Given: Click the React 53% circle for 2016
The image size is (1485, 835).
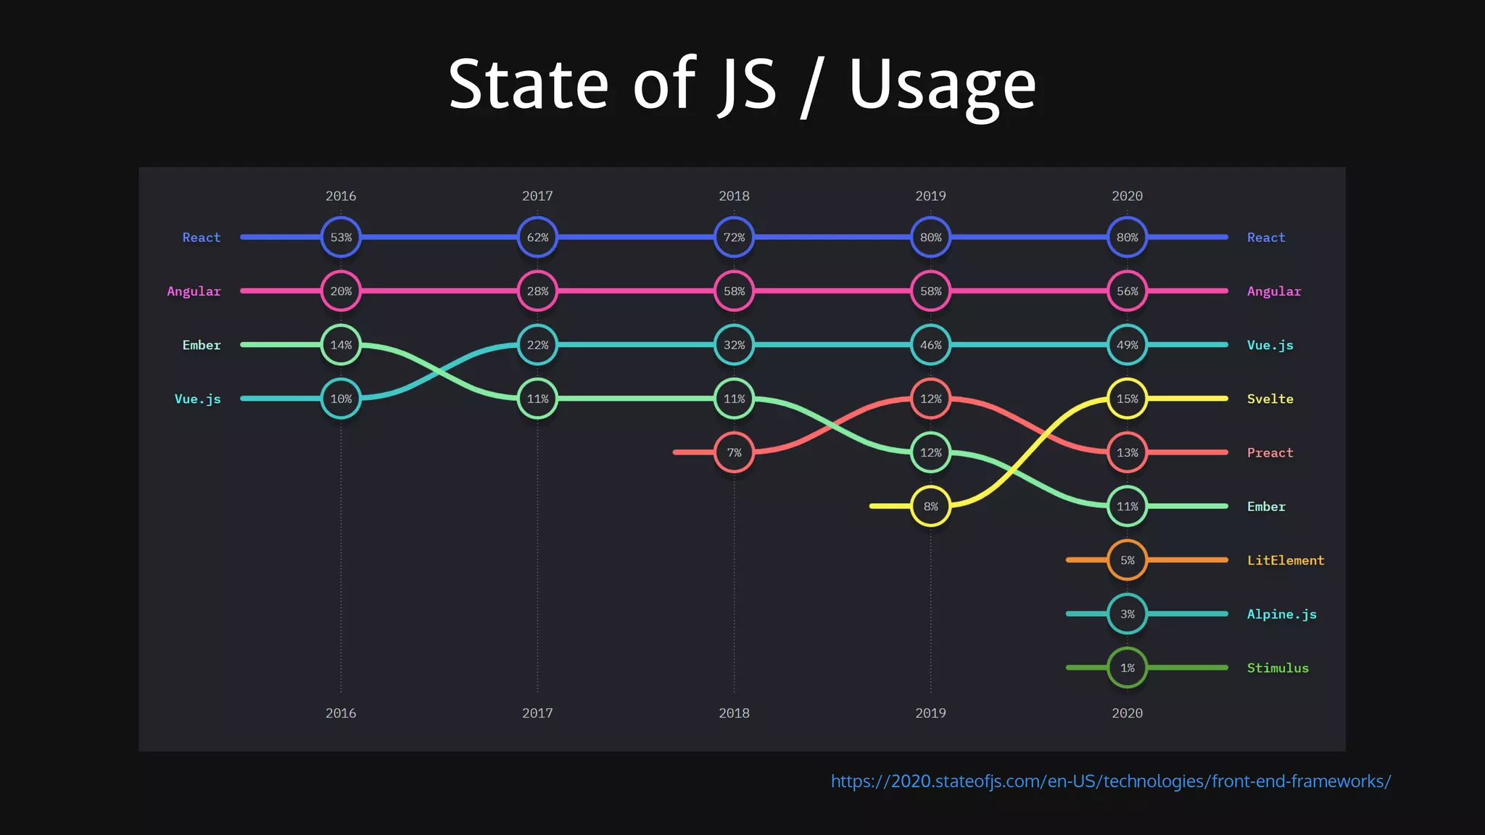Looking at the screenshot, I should click(341, 237).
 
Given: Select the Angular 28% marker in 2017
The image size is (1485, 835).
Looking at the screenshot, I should click(537, 291).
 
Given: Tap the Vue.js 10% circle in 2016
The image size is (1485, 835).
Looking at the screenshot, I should click(341, 399).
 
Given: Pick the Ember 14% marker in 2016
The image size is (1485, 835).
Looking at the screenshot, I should click(341, 345).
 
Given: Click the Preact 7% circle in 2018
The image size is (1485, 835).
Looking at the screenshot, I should click(734, 452).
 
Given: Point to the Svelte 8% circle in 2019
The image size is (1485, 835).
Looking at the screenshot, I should click(930, 506).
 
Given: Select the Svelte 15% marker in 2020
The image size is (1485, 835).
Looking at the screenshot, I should click(1127, 399).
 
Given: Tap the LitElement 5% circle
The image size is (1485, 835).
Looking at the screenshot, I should click(1127, 560).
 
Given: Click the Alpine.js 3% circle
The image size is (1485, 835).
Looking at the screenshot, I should click(1127, 614).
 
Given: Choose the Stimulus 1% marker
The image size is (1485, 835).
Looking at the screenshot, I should click(1127, 668).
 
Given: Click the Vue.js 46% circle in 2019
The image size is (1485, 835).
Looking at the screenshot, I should click(930, 345).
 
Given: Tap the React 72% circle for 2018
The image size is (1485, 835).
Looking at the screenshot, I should click(734, 237).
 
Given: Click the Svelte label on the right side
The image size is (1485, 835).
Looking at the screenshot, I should click(1270, 399).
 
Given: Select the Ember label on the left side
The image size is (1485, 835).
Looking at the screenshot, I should click(201, 345).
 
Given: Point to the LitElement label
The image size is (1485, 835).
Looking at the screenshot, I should click(1285, 560).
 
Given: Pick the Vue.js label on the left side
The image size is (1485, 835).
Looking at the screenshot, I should click(197, 399).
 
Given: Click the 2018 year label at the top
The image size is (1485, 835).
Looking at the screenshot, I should click(734, 196).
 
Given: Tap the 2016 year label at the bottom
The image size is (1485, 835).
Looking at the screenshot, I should click(341, 713).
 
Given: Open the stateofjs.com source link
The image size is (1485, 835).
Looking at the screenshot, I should click(1110, 781).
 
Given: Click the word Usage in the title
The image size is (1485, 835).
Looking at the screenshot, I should click(942, 86).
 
